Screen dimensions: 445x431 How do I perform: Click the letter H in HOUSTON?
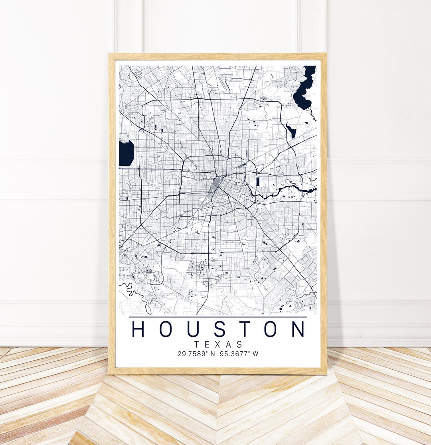point(138,329)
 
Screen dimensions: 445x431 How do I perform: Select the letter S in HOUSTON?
point(219,329)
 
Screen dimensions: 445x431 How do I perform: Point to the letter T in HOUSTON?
point(245,329)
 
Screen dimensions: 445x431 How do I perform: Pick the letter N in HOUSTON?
point(298,329)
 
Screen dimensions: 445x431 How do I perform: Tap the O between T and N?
point(271,329)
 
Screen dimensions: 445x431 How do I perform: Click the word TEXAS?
point(218,344)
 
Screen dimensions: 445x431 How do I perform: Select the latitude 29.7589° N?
point(196,354)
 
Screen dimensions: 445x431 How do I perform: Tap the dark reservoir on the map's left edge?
point(126,153)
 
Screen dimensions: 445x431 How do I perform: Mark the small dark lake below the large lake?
point(291,130)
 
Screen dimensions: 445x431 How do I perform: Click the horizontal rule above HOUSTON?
point(218,317)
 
